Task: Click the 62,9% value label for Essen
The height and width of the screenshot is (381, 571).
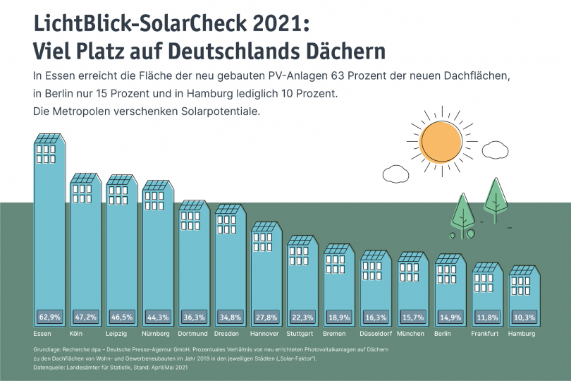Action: coord(49,317)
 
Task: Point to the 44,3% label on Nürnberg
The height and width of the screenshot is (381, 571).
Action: coord(158,317)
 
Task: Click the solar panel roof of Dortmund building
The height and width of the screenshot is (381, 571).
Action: coord(193,205)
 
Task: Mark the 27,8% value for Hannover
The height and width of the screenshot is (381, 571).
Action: coord(267,317)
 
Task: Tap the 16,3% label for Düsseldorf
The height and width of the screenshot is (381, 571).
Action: coord(376,317)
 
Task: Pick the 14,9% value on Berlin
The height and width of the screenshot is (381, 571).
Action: coord(449,317)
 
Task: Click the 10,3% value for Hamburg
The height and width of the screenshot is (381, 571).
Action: coord(522,317)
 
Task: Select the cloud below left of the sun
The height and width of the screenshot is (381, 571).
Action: coord(395,173)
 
